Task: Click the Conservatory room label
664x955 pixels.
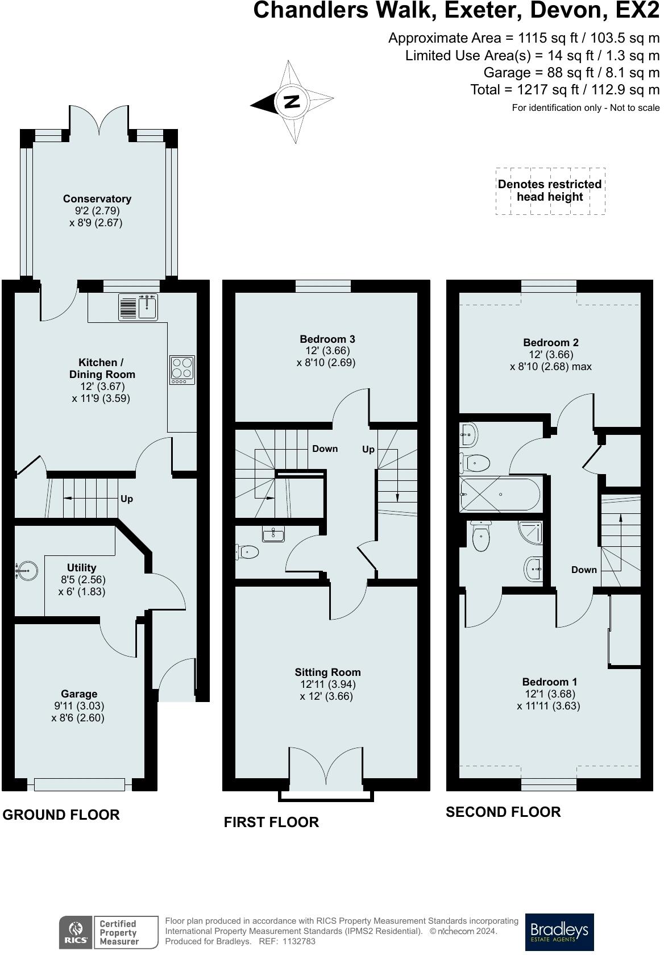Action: pos(97,199)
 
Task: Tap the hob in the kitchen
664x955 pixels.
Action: pos(182,369)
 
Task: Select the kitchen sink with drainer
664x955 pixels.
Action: pos(138,307)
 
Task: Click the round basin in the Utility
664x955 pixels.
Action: pos(27,570)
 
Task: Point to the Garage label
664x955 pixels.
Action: pos(79,694)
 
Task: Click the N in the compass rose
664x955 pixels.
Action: pos(293,101)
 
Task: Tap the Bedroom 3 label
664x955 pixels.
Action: pos(327,339)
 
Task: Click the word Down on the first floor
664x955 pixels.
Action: pos(325,449)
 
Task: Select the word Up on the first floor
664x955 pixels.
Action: pos(368,449)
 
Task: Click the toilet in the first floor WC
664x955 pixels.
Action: pos(247,552)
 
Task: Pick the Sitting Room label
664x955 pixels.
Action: pos(327,672)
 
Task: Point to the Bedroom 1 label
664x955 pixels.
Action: pos(550,682)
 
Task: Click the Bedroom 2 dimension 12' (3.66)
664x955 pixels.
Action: pos(551,354)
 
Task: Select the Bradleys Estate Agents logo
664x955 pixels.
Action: pos(559,929)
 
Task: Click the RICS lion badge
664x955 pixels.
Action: pos(76,932)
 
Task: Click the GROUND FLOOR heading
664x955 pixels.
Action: pos(61,815)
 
